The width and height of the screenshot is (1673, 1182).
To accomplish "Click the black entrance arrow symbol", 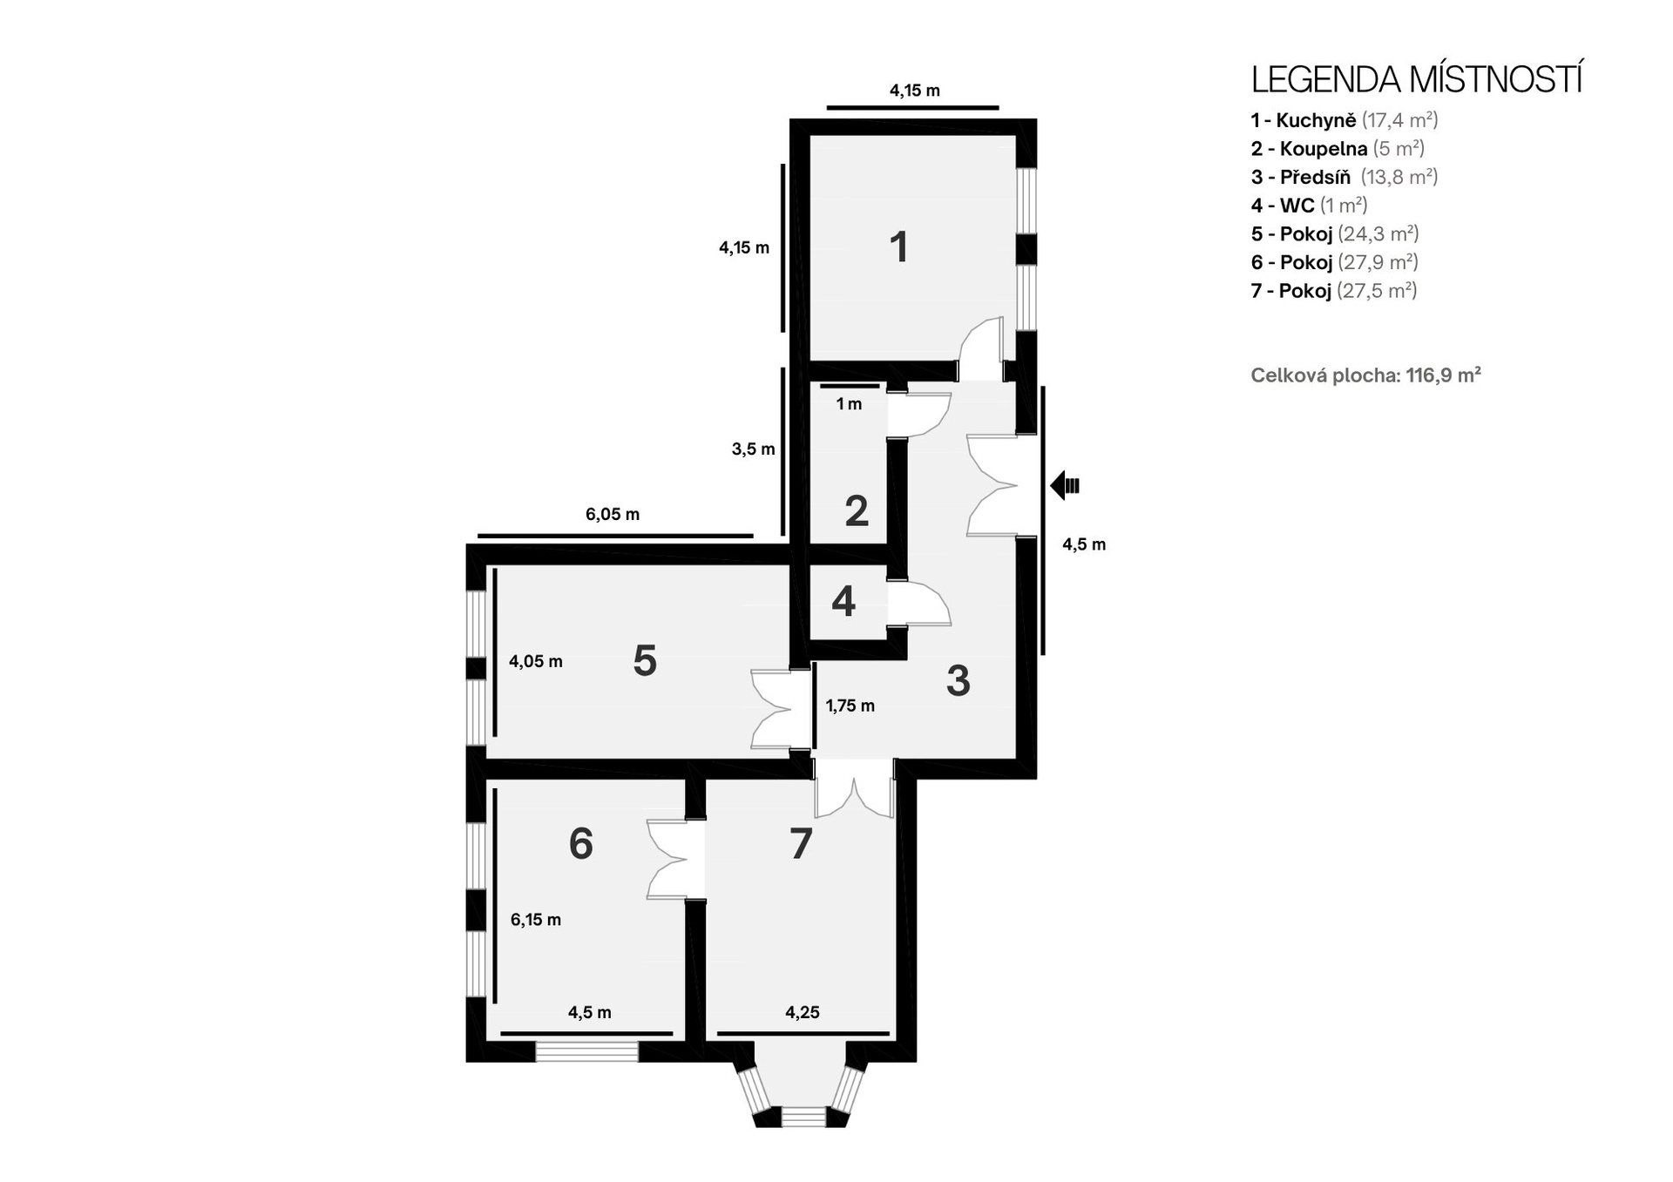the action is (1065, 485).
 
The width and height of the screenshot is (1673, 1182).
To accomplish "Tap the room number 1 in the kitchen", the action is (899, 247).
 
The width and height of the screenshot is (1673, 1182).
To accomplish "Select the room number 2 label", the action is (857, 510).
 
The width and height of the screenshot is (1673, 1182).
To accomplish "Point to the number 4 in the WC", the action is (843, 601).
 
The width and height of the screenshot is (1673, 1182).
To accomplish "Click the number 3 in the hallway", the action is (958, 680).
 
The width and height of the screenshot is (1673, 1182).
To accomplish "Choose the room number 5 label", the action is (645, 660).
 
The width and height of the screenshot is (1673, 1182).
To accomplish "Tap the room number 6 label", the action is (581, 843).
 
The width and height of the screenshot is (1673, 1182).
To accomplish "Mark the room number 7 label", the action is (801, 843).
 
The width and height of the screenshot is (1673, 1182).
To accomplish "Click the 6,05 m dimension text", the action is (613, 514).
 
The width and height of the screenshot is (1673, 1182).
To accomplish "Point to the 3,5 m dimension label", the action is (753, 449).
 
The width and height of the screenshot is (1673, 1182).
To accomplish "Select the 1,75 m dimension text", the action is (850, 706).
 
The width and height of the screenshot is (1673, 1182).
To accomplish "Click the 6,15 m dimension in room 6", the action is (536, 920).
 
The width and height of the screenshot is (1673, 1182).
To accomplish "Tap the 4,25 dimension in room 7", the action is (803, 1012).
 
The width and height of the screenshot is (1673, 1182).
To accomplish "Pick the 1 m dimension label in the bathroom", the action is (849, 404).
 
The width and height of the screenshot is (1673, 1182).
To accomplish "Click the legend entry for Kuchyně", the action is (1344, 120).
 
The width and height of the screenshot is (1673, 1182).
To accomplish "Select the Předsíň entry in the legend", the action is (1344, 177).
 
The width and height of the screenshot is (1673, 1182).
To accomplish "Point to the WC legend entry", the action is (1310, 206).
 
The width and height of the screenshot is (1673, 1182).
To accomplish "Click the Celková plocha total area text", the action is (1366, 375).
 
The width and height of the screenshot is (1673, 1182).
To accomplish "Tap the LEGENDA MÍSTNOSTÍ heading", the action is (1418, 79).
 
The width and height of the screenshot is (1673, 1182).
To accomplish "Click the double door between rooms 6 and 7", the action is (676, 860).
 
